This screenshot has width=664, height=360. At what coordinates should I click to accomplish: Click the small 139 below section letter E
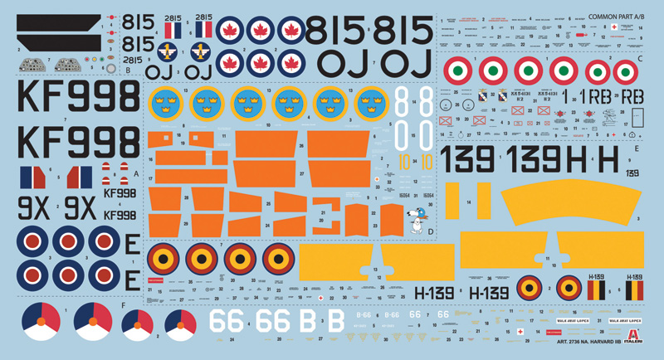[x=632, y=173]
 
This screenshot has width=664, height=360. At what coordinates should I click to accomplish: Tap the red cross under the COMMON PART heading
[x=614, y=27]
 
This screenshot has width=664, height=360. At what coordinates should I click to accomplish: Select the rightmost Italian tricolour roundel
[x=609, y=71]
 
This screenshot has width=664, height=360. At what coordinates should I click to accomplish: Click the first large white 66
[x=227, y=319]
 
